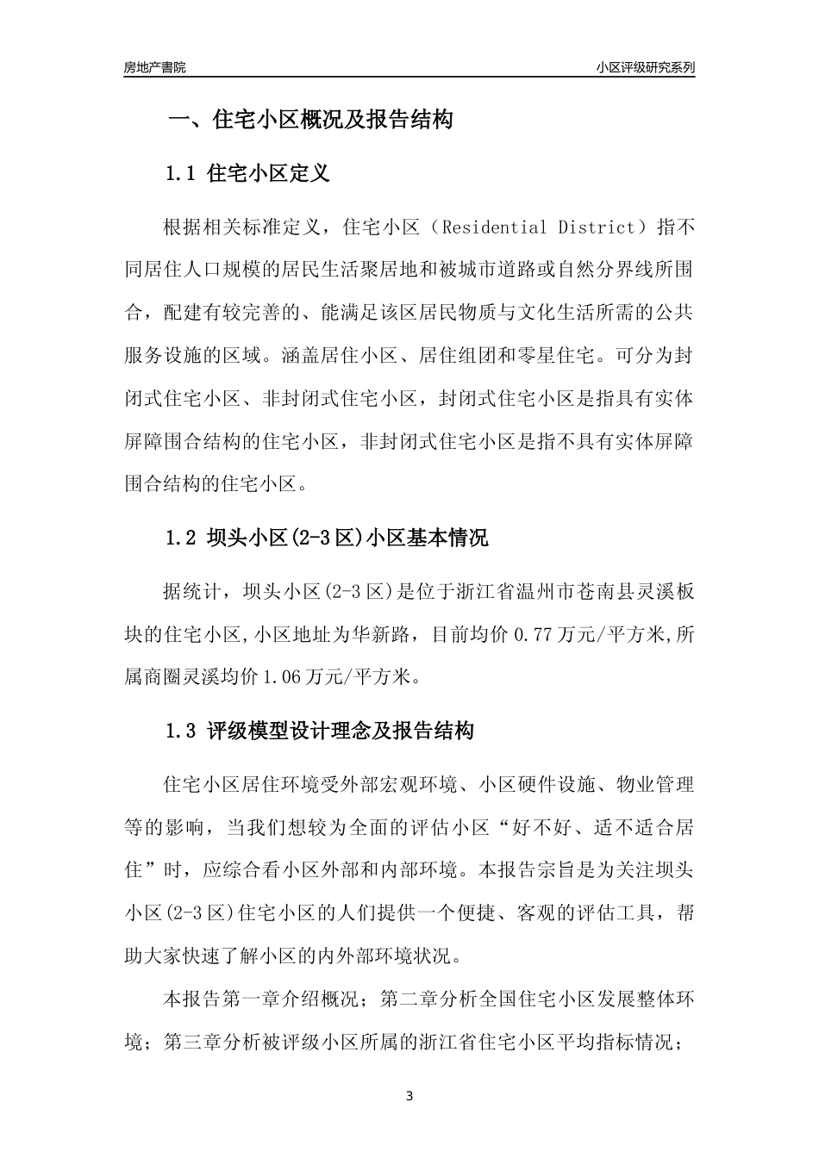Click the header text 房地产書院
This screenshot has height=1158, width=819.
pos(154,67)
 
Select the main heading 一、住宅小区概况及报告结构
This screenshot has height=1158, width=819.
pos(309,120)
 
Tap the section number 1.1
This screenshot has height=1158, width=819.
pos(182,173)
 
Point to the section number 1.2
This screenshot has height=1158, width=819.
pos(182,539)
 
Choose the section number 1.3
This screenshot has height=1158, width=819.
pos(182,732)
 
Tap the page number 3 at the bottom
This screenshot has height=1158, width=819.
pos(409,1097)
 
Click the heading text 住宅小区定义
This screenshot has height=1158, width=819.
pos(269,173)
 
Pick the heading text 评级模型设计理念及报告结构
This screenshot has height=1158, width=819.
pos(341,732)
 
